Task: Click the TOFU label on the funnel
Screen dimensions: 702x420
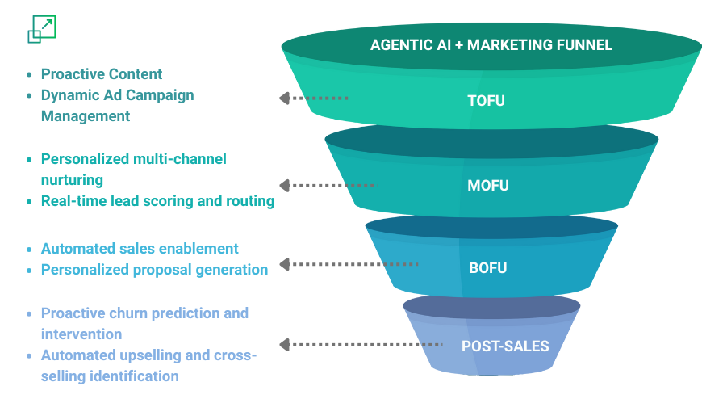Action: coord(487,100)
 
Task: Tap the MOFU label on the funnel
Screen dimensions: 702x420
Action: coord(488,186)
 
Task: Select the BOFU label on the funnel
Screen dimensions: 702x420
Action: coord(488,268)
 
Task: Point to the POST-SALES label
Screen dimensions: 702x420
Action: coord(505,346)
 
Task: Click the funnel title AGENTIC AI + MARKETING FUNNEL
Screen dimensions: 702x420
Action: coord(491,44)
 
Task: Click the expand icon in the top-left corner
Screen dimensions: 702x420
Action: coord(42,29)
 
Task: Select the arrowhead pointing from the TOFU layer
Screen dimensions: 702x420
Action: coord(284,99)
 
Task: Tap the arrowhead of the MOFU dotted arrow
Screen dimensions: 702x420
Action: coord(284,186)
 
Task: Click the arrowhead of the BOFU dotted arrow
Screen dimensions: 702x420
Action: coord(284,264)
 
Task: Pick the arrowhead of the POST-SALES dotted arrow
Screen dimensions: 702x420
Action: coord(284,345)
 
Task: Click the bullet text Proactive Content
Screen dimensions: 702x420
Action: coord(102,74)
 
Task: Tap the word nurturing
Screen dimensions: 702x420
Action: coord(72,180)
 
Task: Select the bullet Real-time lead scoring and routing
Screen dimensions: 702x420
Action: coord(157,201)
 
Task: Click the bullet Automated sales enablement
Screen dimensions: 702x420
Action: coord(140,248)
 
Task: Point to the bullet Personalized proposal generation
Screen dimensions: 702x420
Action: coord(154,270)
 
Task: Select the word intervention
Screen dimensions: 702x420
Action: coord(81,334)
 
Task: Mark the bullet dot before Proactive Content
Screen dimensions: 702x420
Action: coord(29,74)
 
